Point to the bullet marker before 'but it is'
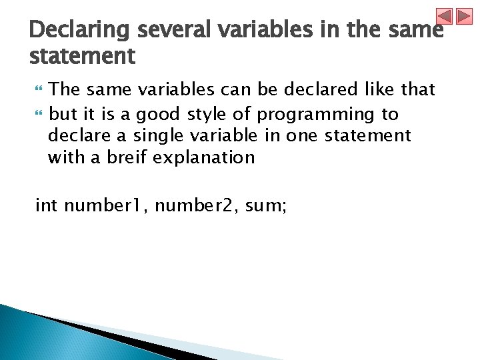(x=38, y=115)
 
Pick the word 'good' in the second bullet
(x=158, y=115)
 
